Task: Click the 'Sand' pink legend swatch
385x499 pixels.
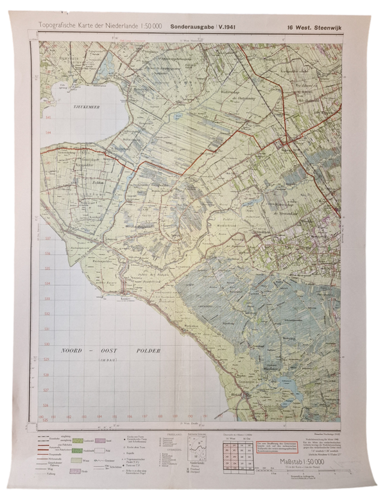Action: (101, 441)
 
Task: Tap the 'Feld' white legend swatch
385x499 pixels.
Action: (101, 451)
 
